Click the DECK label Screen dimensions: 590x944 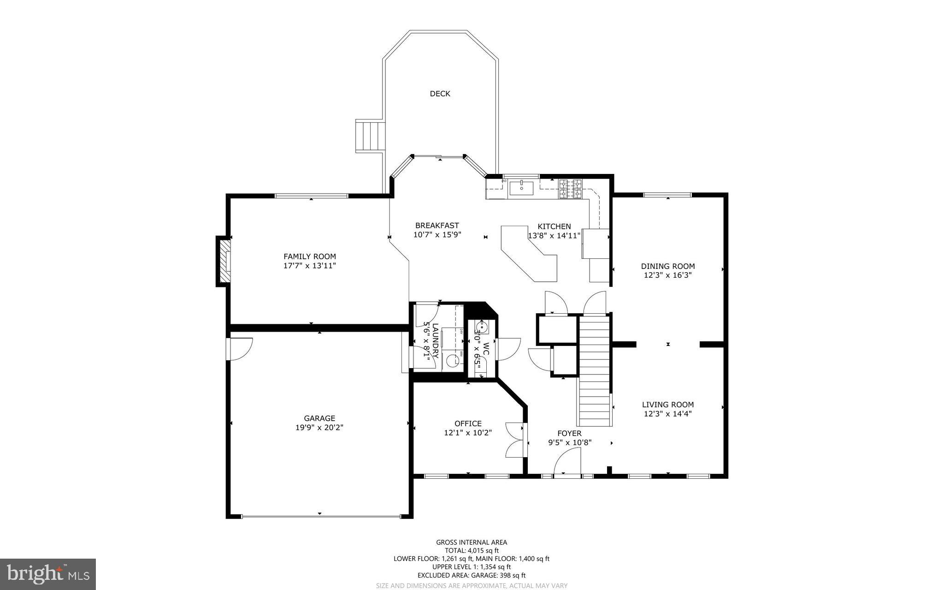coord(440,94)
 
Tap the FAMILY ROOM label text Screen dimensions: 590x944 coord(309,256)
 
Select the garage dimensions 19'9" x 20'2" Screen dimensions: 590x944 coord(319,428)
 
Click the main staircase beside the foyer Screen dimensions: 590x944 coord(595,369)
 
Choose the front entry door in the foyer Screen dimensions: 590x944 coord(567,461)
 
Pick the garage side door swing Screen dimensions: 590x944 coord(240,349)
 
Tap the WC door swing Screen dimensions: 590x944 coord(507,349)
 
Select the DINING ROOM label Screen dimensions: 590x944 coord(667,266)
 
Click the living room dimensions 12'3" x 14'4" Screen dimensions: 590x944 coord(667,414)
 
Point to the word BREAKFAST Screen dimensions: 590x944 coord(437,226)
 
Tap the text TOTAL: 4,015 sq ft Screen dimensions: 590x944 coord(471,550)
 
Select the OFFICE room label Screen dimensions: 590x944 coord(467,423)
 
